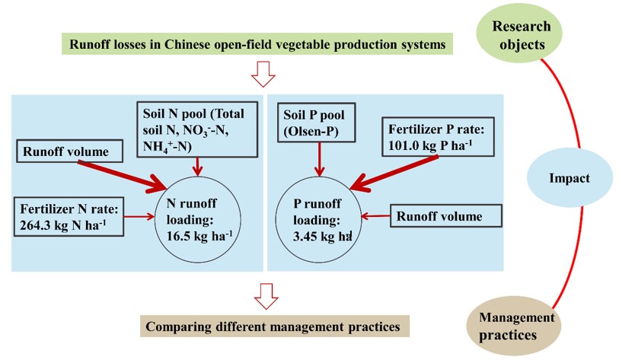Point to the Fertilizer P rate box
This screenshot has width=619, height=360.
[436, 138]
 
